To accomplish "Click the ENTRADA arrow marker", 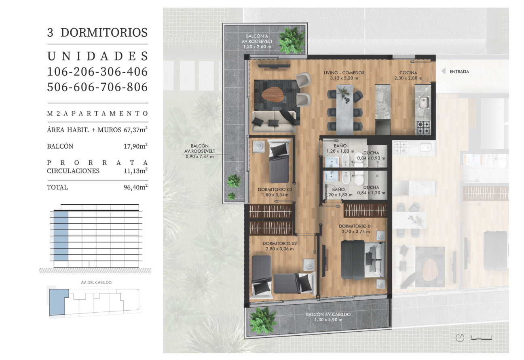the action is [x=443, y=71].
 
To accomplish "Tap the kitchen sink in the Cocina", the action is [x=424, y=103].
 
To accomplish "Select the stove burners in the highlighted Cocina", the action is [x=423, y=127].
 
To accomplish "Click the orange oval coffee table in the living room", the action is [x=273, y=95].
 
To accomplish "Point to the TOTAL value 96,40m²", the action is [x=135, y=187].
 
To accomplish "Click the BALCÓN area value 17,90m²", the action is [x=135, y=146].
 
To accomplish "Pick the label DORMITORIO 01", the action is [x=355, y=226].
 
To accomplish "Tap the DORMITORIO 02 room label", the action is [x=279, y=243].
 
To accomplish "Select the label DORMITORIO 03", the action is [x=275, y=189].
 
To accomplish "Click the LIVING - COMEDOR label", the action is [x=344, y=73].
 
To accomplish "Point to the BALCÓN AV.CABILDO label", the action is [x=328, y=314].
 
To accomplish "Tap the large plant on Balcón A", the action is [x=292, y=40].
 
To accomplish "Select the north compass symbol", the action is [x=460, y=337].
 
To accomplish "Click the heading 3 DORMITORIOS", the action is [x=97, y=32].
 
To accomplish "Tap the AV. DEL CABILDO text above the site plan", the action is [x=96, y=282].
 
